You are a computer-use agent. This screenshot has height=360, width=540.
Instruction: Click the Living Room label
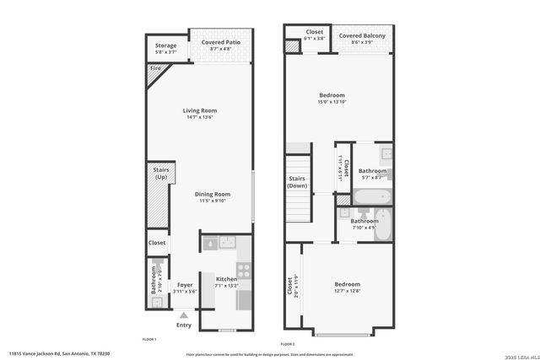[201, 110]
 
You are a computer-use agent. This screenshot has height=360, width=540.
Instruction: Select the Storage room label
[165, 46]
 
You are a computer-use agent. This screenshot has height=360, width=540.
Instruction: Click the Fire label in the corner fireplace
[155, 68]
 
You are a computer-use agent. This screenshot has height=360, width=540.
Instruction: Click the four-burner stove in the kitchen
[243, 270]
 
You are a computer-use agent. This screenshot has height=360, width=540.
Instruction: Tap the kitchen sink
[227, 243]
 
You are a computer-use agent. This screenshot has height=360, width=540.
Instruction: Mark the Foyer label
[185, 285]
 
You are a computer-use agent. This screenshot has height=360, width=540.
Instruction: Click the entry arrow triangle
[184, 314]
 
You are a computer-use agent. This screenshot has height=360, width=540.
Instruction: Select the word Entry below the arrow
[184, 325]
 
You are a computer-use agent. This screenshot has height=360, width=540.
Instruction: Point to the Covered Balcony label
[362, 35]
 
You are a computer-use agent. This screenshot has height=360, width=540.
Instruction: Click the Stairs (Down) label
[297, 182]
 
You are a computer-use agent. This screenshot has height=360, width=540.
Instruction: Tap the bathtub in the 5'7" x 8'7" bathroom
[371, 197]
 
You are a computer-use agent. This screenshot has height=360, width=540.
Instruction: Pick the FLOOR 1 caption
[149, 338]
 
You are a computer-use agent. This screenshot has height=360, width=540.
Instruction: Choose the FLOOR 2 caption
[288, 344]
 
